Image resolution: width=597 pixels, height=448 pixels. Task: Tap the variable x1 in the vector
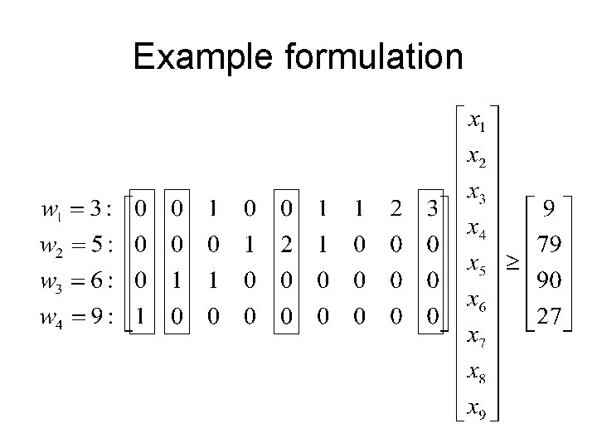coord(477,123)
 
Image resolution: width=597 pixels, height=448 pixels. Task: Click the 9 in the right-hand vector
coord(548,208)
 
